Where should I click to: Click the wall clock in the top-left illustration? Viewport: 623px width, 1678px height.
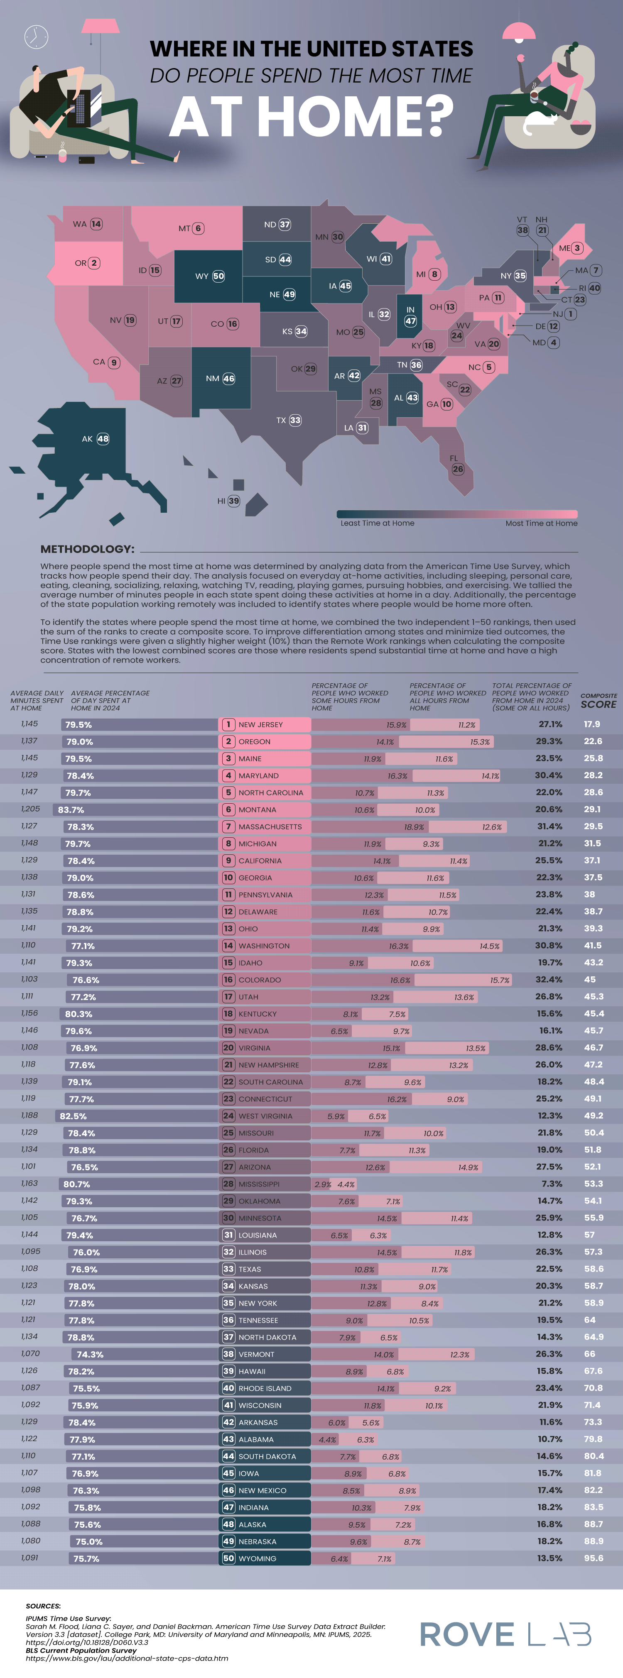(x=36, y=37)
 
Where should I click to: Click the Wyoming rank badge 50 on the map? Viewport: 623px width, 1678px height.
(x=218, y=276)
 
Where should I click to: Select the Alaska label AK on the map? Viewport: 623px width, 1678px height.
(x=87, y=439)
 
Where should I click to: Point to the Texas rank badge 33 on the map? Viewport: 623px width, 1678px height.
(x=295, y=420)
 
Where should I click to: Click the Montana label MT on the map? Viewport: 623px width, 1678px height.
(x=184, y=229)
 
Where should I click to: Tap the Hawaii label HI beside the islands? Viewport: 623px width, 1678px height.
(x=221, y=501)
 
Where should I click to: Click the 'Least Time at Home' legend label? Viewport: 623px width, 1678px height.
(x=377, y=523)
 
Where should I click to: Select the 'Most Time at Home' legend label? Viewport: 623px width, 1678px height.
(x=541, y=523)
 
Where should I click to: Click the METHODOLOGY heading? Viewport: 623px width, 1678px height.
(x=87, y=549)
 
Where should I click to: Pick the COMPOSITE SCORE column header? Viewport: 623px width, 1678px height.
(x=598, y=701)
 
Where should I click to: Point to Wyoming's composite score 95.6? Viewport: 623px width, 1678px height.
(x=593, y=1558)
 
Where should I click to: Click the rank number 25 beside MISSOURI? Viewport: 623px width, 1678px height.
(x=228, y=1133)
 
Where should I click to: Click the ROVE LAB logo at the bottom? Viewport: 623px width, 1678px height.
(x=505, y=1634)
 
